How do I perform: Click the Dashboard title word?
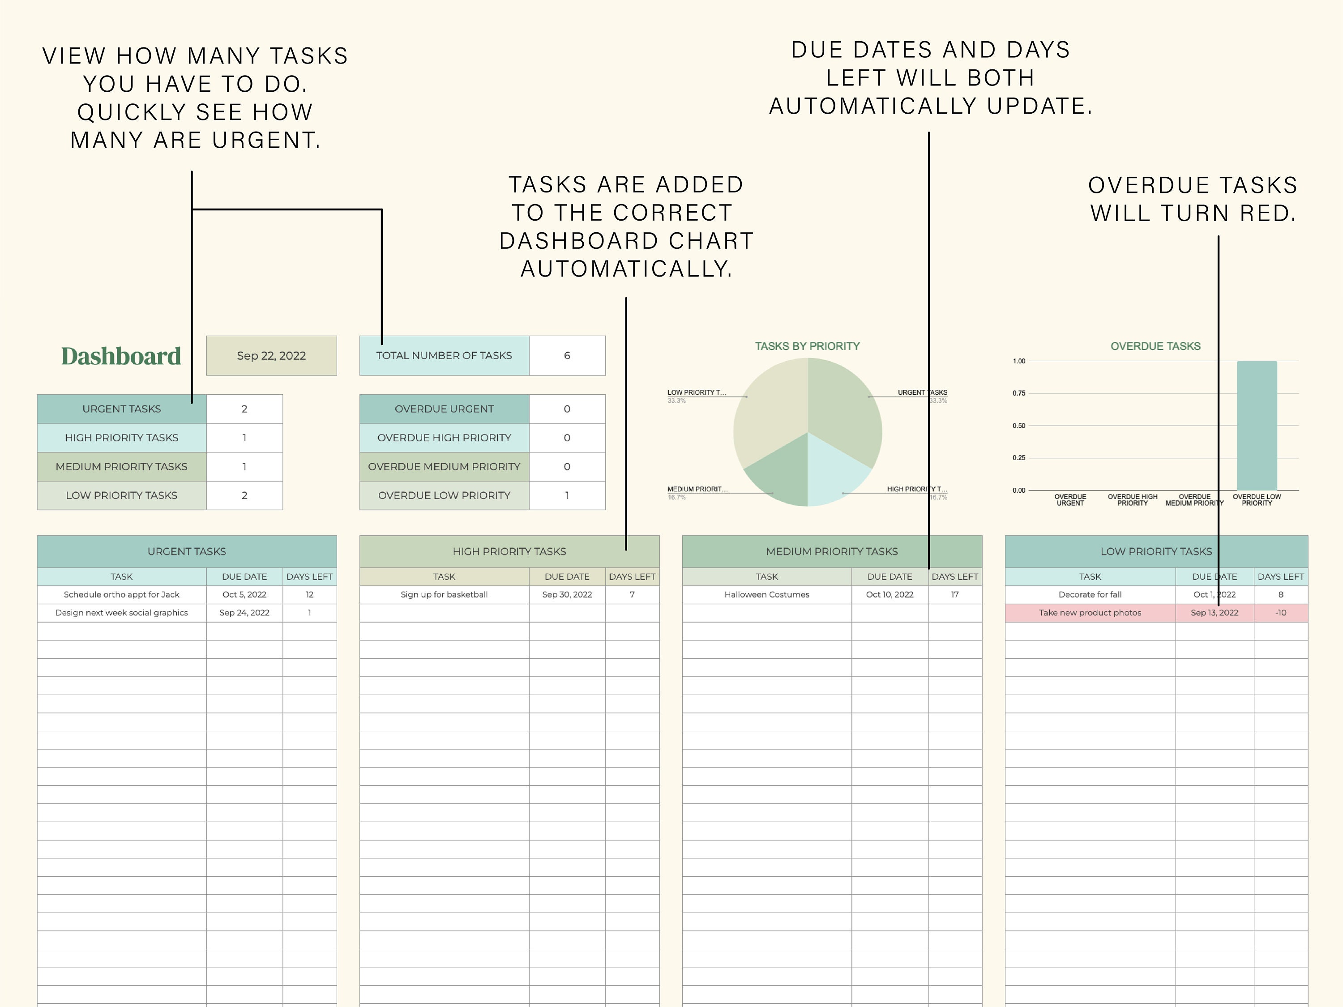121,356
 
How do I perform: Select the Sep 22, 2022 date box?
271,356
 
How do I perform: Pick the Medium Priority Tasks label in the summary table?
121,467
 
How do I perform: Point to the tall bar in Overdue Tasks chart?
1256,425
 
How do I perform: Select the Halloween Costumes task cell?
766,595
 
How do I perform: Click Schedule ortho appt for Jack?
121,595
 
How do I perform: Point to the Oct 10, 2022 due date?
889,595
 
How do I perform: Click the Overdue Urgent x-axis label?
1070,499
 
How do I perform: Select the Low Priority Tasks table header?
1155,551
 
